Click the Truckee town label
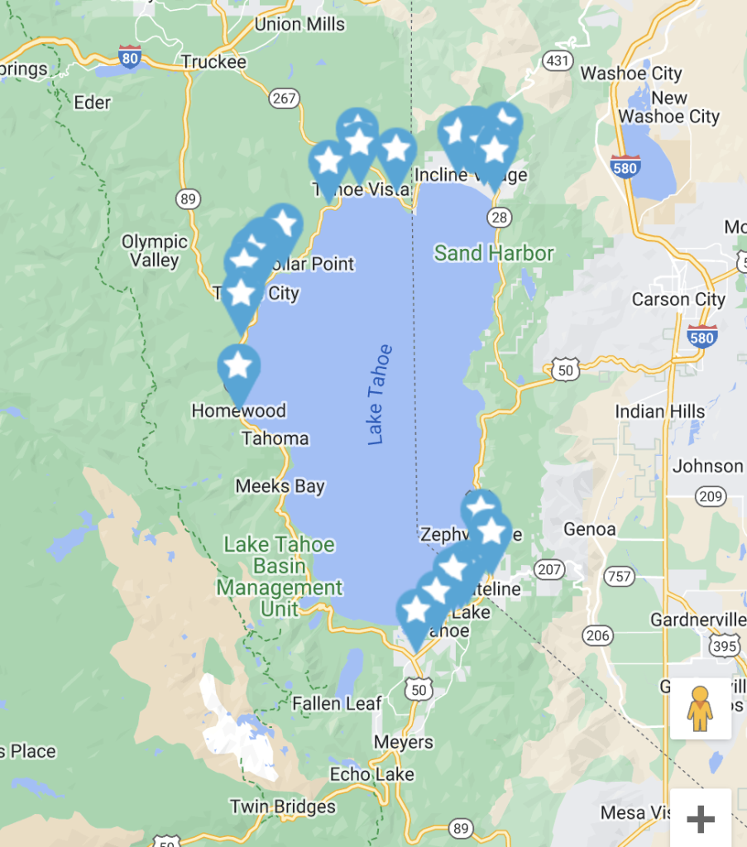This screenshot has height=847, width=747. coord(213,63)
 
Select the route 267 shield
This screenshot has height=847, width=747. coord(284,98)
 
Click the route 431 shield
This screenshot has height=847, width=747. coord(558,60)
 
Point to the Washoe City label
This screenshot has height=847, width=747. coord(630,74)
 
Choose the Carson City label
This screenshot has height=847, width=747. coord(678,299)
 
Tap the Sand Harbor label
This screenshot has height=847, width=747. coord(494,253)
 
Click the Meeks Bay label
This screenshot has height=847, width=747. coord(280,486)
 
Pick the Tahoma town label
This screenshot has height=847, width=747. coord(275,438)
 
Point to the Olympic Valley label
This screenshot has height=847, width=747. coord(155,251)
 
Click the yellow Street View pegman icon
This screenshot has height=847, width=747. coord(700,708)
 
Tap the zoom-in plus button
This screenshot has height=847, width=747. coord(700,819)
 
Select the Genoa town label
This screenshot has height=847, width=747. coord(589,529)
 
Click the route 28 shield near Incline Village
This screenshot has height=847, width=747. coord(499,217)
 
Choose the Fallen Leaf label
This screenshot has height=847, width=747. coord(337,704)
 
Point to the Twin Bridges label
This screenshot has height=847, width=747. coord(283,806)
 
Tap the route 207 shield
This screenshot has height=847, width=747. coord(550,569)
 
